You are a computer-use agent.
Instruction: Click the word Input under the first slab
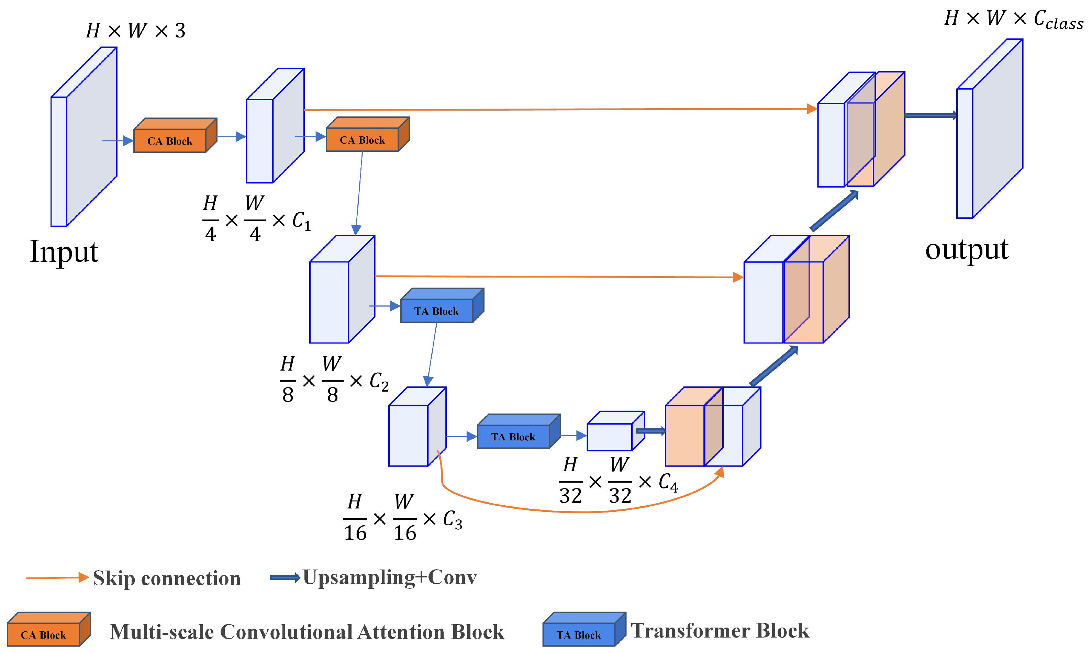[64, 252]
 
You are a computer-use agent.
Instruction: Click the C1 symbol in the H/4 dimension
[301, 221]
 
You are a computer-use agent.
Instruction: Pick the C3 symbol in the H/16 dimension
[452, 520]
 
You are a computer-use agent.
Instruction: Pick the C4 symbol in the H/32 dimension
[668, 482]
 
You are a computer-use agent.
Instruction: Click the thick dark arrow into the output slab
[931, 116]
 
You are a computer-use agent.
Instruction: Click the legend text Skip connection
[167, 578]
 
